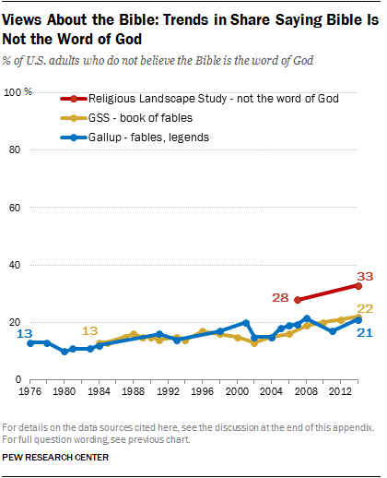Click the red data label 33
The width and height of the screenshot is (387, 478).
pyautogui.click(x=365, y=275)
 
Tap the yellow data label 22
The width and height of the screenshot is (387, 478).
pyautogui.click(x=365, y=309)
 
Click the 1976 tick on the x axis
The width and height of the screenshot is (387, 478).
pyautogui.click(x=29, y=389)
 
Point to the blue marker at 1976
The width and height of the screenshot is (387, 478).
pyautogui.click(x=30, y=342)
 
